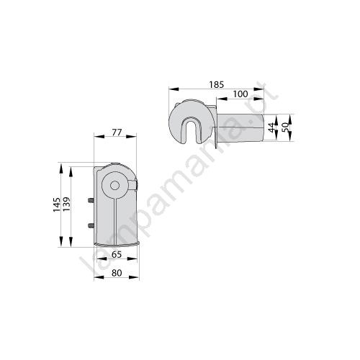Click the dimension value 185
pos(216,85)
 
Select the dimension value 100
pos(240,94)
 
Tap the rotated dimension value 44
pos(271,127)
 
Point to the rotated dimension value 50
pos(286,127)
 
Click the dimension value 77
pos(117,132)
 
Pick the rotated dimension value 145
pos(57,204)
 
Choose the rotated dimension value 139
pos(66,204)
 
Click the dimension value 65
pos(117,254)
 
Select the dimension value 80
pos(117,273)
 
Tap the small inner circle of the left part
pos(115,185)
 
